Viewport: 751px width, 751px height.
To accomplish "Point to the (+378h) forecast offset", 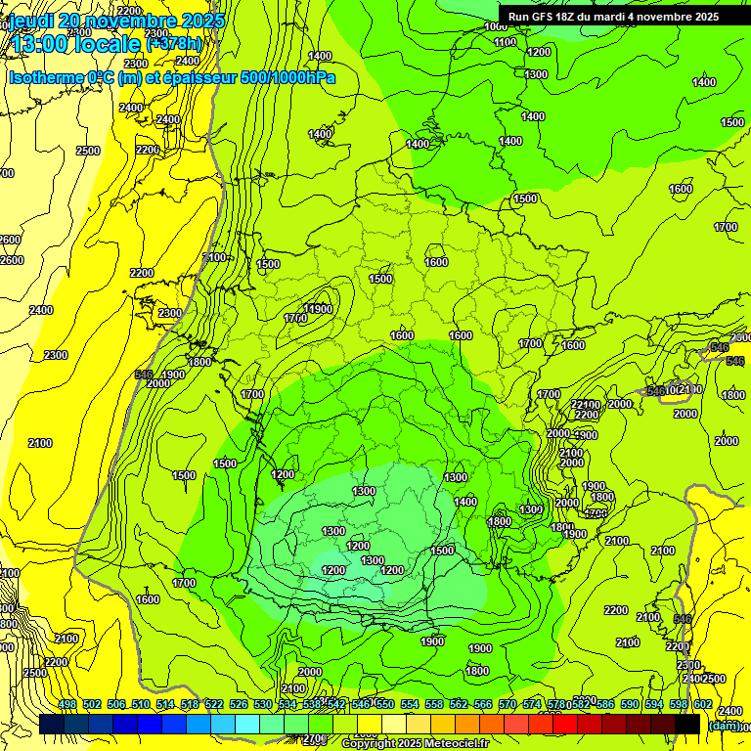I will pos(173,43).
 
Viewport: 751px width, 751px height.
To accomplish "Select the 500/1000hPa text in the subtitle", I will pos(287,78).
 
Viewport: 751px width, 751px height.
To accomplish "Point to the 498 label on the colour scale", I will pos(67,704).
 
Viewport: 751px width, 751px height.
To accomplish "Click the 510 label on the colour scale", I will pos(141,704).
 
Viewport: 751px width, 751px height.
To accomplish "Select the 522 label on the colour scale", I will pos(214,704).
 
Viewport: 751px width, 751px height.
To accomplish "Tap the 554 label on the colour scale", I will pos(410,704).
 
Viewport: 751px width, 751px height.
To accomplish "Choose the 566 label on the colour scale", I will pos(483,704).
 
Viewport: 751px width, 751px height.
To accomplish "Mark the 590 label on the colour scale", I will pos(630,704).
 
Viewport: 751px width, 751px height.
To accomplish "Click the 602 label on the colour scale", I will pos(703,704).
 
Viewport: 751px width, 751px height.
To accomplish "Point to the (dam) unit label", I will pos(724,725).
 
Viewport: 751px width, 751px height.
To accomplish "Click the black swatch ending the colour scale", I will pos(687,724).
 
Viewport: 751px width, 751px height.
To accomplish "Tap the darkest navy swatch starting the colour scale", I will pos(52,724).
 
